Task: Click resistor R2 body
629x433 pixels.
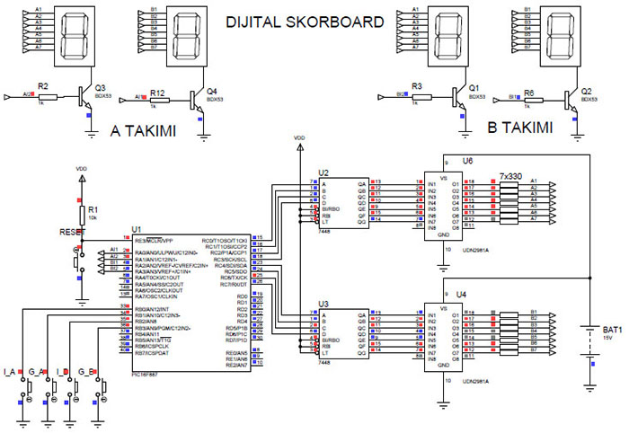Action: click(x=48, y=96)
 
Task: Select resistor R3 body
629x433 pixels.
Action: click(x=416, y=96)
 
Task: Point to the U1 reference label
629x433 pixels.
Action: click(x=137, y=229)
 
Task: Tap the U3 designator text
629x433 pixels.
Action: click(x=323, y=305)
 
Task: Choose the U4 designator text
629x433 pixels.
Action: click(x=462, y=294)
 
